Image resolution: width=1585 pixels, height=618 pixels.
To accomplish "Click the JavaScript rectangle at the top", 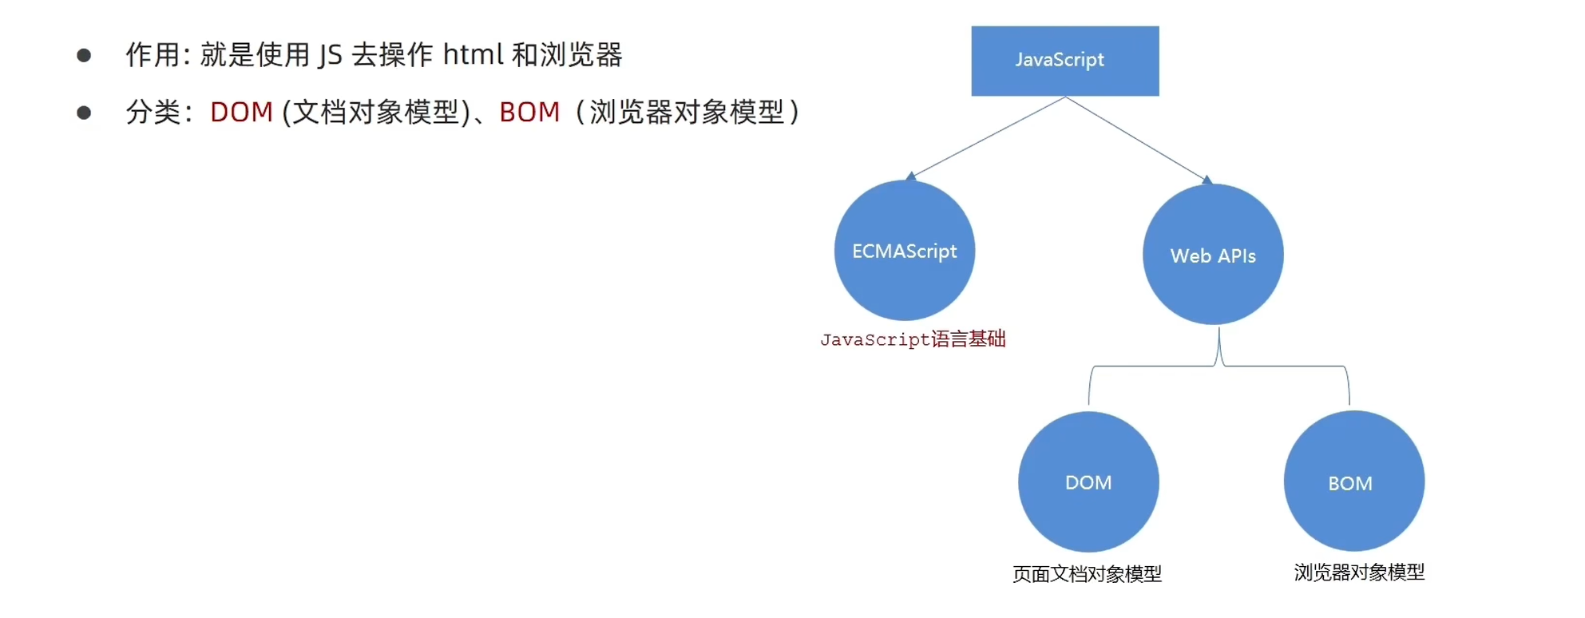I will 1064,61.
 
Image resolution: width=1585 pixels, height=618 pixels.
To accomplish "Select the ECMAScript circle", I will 904,251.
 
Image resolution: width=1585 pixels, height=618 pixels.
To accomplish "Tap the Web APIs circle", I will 1213,255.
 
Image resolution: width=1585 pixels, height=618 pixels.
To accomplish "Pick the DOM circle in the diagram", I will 1088,481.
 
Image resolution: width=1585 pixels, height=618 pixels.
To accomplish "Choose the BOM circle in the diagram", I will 1353,481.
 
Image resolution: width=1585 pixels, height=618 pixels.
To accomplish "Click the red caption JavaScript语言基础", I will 913,339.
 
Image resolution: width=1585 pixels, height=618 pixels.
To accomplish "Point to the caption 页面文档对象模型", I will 1087,573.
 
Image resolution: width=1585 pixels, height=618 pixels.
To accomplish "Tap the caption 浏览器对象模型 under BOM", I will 1359,572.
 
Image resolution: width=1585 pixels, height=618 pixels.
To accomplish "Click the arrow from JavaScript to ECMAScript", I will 989,137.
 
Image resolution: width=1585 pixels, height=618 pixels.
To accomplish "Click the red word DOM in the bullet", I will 241,113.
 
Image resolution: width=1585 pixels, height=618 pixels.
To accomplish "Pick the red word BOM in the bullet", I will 529,113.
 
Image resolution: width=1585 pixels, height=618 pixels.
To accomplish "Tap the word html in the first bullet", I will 473,55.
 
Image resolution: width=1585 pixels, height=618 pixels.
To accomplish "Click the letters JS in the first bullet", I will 330,55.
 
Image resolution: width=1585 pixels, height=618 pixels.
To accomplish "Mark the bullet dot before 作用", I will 84,55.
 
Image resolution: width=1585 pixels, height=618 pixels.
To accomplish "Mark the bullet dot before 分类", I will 84,113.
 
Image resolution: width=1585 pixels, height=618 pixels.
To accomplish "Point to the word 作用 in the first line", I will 153,55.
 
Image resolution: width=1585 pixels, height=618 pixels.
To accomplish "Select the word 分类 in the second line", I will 153,113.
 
